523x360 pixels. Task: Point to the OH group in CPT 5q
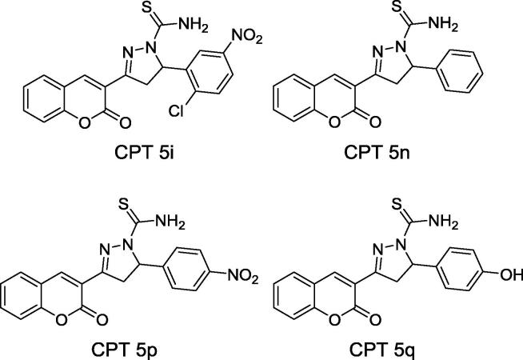[x=509, y=274]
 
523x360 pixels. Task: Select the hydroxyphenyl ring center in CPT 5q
[x=462, y=274]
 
